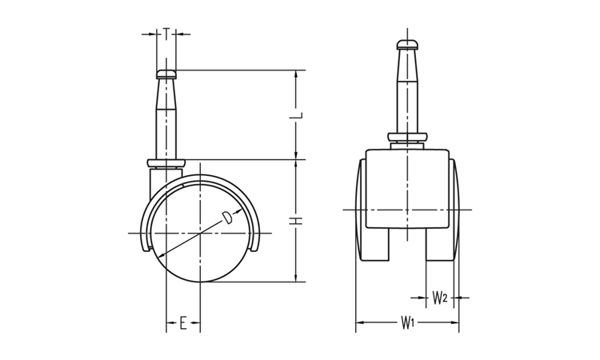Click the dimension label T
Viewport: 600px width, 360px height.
point(166,34)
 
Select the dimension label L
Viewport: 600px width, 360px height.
point(296,114)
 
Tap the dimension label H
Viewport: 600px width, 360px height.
point(296,221)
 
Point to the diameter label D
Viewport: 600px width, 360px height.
point(227,218)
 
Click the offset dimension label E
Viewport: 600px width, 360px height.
point(183,323)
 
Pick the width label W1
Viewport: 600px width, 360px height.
point(407,322)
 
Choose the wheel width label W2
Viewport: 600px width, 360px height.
point(440,298)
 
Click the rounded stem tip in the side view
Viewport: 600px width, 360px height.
point(166,74)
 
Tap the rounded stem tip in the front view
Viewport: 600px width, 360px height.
point(407,45)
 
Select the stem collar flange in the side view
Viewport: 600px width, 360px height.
point(166,164)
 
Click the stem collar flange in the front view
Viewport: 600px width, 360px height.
point(407,137)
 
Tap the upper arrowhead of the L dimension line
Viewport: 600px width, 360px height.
point(296,74)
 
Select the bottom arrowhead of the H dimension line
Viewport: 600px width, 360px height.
point(296,278)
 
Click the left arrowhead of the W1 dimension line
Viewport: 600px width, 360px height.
point(360,322)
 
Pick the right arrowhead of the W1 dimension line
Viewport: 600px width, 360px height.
point(455,322)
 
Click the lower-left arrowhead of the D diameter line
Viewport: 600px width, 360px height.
point(162,255)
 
